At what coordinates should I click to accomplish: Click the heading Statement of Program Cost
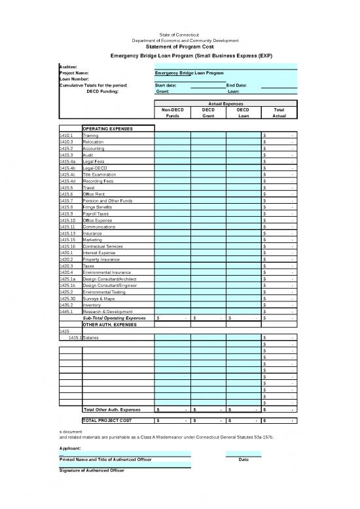[x=179, y=47]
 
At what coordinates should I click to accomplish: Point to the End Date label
[x=236, y=85]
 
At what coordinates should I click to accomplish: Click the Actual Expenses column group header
[x=225, y=104]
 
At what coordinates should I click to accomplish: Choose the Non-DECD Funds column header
[x=173, y=112]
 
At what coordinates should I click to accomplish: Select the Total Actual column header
[x=279, y=112]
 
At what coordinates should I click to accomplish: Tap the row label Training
[x=91, y=136]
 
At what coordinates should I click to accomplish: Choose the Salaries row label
[x=93, y=337]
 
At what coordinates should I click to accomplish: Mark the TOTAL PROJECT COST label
[x=108, y=419]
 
